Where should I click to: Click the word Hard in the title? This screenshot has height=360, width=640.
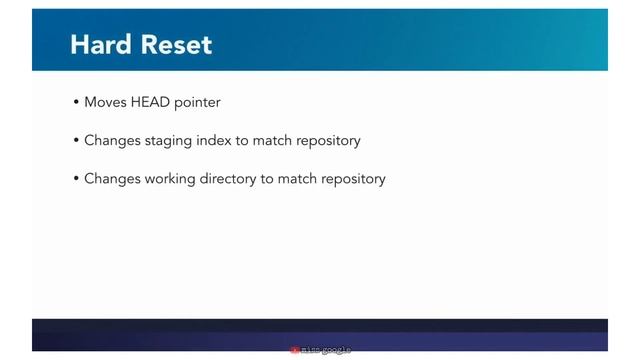(97, 45)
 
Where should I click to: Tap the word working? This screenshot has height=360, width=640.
(162, 179)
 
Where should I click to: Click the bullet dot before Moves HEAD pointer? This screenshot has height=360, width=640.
(76, 103)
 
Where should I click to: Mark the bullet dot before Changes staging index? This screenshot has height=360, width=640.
(76, 141)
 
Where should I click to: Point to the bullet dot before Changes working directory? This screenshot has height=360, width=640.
(76, 179)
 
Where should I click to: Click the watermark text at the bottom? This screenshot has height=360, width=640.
(326, 351)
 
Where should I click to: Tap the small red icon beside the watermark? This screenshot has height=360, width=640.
(295, 351)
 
